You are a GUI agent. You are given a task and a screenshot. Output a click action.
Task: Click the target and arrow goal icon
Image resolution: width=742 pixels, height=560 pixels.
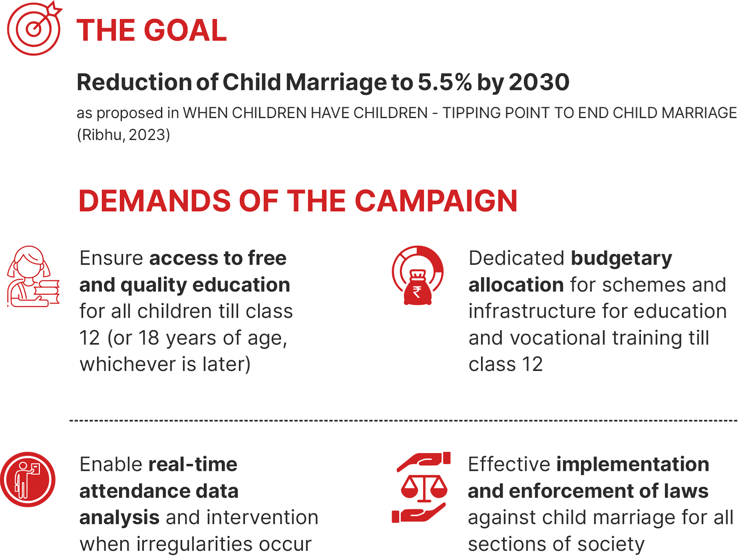(34, 28)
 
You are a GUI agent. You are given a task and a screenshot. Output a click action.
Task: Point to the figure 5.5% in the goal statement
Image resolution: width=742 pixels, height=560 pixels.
(445, 82)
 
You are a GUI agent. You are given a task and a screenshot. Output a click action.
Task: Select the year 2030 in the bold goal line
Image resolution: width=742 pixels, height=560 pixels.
(539, 82)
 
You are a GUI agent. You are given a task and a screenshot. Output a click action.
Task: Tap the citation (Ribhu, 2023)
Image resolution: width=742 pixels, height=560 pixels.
(124, 135)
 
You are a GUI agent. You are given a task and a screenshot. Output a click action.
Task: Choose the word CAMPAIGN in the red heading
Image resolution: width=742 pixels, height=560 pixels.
(436, 201)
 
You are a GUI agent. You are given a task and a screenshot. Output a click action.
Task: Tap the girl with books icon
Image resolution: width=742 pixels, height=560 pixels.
(33, 276)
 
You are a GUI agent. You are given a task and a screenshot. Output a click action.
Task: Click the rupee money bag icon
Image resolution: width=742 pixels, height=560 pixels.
(417, 275)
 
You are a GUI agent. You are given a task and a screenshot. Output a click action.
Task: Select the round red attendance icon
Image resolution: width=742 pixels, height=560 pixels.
(28, 479)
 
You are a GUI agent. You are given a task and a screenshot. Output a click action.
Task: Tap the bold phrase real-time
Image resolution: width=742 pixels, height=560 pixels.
(193, 465)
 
